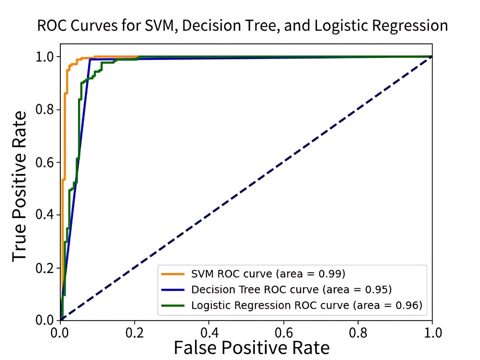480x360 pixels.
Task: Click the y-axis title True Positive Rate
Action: click(20, 185)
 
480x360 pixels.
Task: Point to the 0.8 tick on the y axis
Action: click(46, 109)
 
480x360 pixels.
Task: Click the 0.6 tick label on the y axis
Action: click(46, 162)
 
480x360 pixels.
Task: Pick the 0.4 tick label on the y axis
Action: click(46, 215)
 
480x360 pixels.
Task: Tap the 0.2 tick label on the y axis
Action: click(46, 268)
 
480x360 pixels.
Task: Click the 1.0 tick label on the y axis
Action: click(46, 57)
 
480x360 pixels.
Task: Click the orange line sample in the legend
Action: click(172, 274)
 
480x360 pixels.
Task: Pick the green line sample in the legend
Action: click(172, 305)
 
